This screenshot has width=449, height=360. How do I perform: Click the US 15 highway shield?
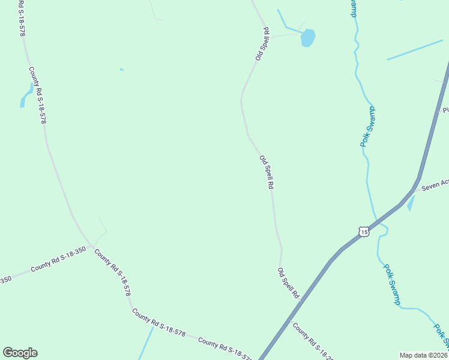click(x=363, y=232)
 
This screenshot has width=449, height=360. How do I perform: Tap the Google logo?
click(x=20, y=353)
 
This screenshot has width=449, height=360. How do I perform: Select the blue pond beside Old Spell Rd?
click(x=307, y=38)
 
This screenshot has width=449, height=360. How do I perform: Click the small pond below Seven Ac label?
click(x=411, y=204)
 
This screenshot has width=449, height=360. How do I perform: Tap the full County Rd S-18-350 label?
click(x=58, y=258)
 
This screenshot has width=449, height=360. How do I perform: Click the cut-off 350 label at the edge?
click(x=5, y=280)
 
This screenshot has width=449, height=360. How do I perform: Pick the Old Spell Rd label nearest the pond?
click(x=262, y=44)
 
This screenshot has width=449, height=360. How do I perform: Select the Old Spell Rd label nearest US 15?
click(x=288, y=283)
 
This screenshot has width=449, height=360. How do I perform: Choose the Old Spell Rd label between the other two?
click(x=267, y=173)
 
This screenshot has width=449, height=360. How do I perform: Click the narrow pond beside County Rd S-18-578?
click(x=26, y=96)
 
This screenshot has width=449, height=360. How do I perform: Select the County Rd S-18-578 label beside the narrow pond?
click(x=38, y=95)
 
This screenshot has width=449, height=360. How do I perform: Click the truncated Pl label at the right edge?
click(x=445, y=110)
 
